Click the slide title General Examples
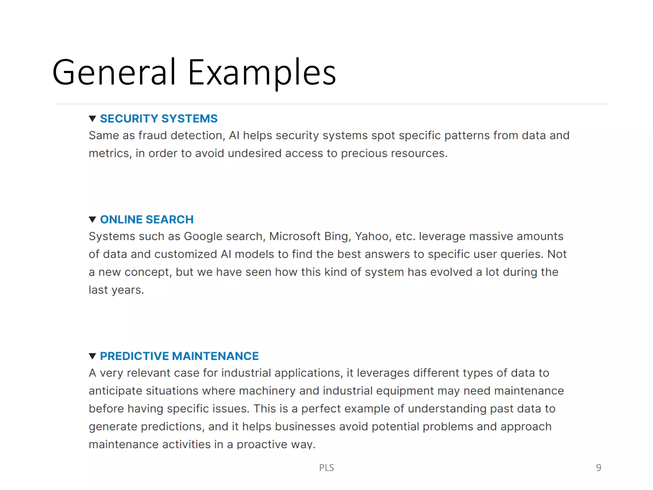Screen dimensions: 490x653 coord(194,72)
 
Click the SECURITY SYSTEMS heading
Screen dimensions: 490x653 coord(158,119)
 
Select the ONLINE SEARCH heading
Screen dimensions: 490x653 coord(147,219)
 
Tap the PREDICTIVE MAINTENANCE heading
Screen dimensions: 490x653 coord(179,356)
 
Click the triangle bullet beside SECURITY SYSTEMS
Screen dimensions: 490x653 coord(92,119)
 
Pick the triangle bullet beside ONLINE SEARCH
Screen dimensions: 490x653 coord(92,219)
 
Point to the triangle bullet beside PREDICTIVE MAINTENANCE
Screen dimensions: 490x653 coord(92,356)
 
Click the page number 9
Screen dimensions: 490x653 coord(598,467)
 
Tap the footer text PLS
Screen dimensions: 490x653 coord(326,468)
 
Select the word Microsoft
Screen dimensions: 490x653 coord(295,236)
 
